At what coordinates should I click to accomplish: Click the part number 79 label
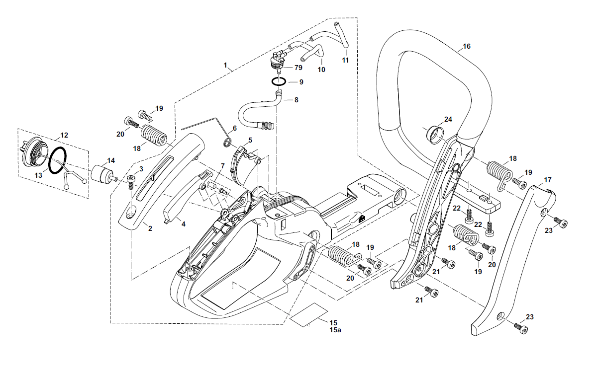point(298,67)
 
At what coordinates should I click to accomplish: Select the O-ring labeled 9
point(279,81)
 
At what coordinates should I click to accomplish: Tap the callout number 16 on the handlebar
point(466,46)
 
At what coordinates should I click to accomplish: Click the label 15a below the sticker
point(334,330)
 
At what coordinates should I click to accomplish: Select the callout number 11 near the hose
point(345,60)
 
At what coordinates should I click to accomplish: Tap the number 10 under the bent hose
point(321,70)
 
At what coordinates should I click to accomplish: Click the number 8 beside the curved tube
point(296,100)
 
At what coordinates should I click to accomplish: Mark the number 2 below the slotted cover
point(150,228)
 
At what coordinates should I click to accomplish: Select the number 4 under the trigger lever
point(183,224)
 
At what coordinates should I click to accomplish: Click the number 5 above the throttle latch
point(250,140)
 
